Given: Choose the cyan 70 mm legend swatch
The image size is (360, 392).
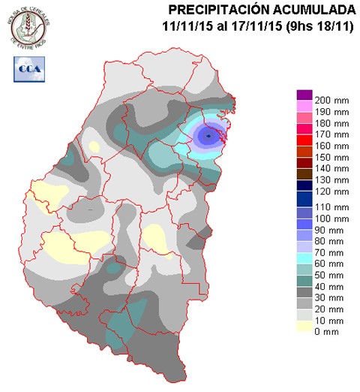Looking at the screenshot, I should (304, 257).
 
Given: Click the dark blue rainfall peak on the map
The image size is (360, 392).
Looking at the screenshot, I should (208, 135).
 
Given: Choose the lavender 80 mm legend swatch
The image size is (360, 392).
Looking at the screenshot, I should (304, 246).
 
